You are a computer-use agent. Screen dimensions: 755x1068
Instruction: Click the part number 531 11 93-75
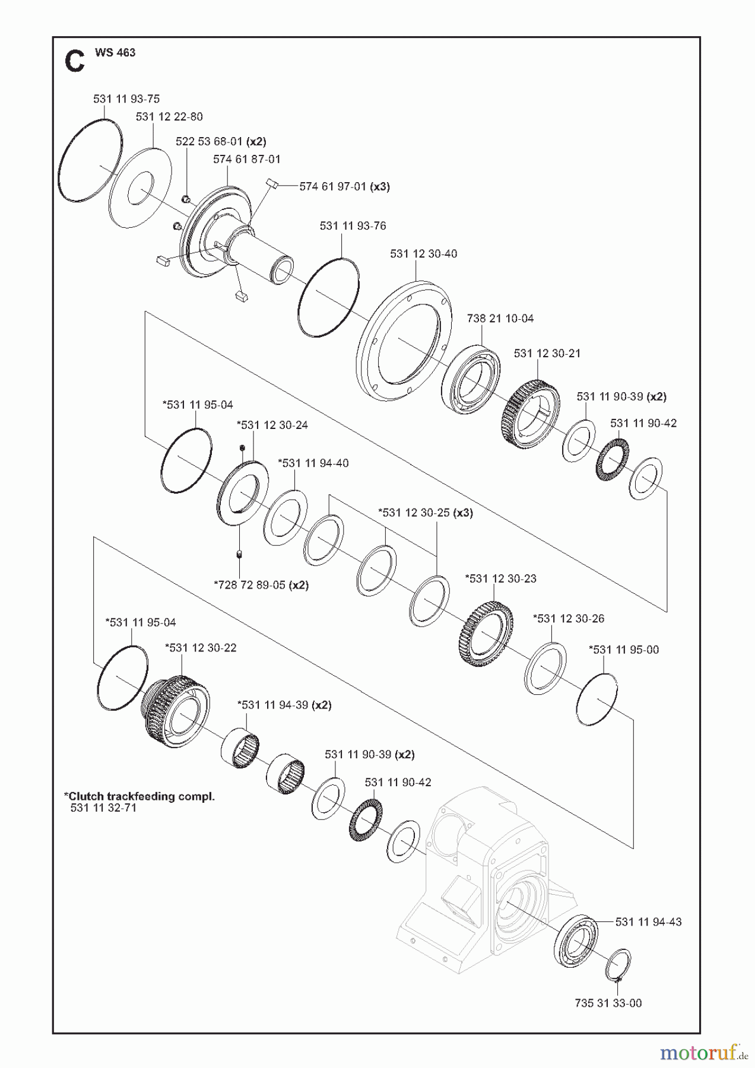pyautogui.click(x=126, y=99)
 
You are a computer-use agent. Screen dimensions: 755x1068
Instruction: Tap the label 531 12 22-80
pyautogui.click(x=169, y=117)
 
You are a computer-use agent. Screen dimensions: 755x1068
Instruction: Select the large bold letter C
pyautogui.click(x=75, y=62)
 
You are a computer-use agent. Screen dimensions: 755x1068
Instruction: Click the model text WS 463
pyautogui.click(x=115, y=52)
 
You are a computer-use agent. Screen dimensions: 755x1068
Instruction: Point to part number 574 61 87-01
pyautogui.click(x=247, y=159)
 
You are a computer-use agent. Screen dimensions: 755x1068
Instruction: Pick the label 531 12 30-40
pyautogui.click(x=424, y=254)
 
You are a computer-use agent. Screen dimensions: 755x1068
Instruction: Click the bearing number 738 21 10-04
pyautogui.click(x=500, y=319)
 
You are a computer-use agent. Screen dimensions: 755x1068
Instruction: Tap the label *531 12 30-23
pyautogui.click(x=500, y=578)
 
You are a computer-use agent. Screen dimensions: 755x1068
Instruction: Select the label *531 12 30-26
pyautogui.click(x=569, y=619)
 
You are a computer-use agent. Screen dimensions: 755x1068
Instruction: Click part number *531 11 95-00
pyautogui.click(x=624, y=650)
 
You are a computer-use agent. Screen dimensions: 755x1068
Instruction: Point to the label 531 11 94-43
pyautogui.click(x=649, y=922)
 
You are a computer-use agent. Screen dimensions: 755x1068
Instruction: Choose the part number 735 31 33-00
pyautogui.click(x=608, y=1003)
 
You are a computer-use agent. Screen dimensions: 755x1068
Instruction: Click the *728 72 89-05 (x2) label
pyautogui.click(x=261, y=585)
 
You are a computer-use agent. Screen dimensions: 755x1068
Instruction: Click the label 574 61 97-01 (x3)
pyautogui.click(x=344, y=186)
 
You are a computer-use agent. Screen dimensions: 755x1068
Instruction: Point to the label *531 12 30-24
pyautogui.click(x=272, y=425)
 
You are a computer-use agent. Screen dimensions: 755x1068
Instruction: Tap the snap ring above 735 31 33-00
pyautogui.click(x=618, y=966)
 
